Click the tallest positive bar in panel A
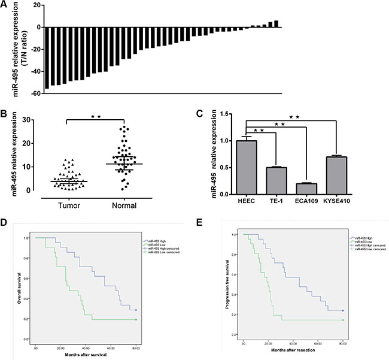tap(276, 24)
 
